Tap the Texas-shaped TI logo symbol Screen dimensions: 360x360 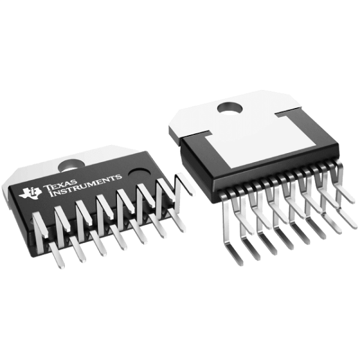(x=30, y=191)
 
